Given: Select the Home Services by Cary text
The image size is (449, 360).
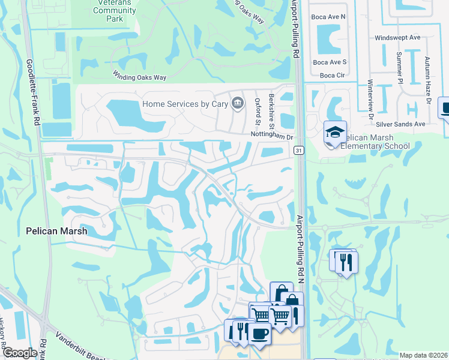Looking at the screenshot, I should (186, 104).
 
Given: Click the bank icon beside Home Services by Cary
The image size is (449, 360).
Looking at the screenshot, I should (238, 104).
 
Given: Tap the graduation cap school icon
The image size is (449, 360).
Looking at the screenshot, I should (334, 133).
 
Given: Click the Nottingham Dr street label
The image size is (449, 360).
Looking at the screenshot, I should (271, 137).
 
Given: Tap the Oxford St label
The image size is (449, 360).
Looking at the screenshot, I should (258, 112).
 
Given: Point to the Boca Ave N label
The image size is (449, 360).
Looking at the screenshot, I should (330, 17).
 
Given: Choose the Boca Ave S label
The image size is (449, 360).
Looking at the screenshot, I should (330, 62).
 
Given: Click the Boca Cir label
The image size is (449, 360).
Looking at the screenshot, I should (332, 75).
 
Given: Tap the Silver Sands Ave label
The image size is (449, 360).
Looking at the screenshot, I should (400, 124).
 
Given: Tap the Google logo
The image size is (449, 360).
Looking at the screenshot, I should (20, 353).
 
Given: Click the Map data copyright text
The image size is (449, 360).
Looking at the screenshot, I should (423, 355).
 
